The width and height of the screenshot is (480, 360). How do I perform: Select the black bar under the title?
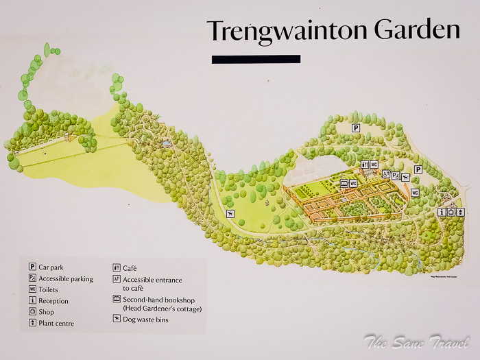coord(256,60)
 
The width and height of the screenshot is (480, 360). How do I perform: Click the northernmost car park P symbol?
coord(356,128)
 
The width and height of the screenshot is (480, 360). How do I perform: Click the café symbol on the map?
coord(365,165)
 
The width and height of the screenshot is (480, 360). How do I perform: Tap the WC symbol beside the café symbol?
coord(374,165)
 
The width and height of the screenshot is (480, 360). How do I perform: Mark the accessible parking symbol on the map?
coord(396,175)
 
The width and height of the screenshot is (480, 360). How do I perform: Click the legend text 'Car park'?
coord(52,267)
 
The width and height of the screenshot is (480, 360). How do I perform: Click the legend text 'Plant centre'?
coord(57,323)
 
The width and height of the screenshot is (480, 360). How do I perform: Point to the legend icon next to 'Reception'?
coord(32,300)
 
